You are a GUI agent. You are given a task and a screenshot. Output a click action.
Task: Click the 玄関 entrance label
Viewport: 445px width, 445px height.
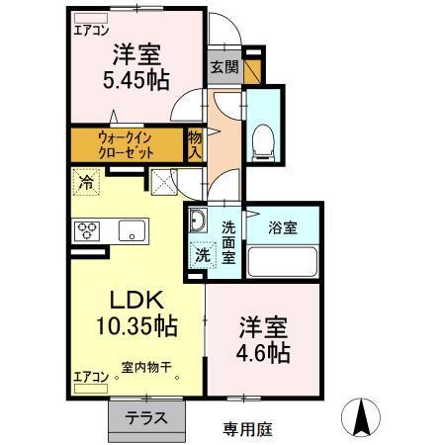click(x=222, y=67)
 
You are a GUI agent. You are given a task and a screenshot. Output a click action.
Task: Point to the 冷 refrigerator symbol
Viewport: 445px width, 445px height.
click(x=85, y=182)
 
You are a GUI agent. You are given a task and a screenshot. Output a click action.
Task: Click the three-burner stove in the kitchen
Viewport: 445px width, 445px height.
click(x=86, y=231)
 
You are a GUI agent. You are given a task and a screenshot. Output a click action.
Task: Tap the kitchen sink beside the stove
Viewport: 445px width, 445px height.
click(x=128, y=231)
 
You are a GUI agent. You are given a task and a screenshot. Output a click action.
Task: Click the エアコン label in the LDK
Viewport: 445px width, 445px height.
click(x=89, y=377)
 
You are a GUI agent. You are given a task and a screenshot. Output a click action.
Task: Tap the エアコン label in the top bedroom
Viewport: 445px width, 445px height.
click(x=91, y=30)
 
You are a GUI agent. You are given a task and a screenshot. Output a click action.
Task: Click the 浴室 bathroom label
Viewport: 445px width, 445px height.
click(x=284, y=226)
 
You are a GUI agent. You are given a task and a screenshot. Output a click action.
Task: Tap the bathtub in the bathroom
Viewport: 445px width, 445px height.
click(x=282, y=262)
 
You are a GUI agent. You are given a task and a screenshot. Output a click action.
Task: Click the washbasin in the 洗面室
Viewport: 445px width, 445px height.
click(x=197, y=221)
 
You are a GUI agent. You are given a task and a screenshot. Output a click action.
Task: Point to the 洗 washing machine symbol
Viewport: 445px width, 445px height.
click(x=201, y=254)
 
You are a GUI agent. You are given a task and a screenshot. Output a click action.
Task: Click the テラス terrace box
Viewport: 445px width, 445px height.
click(x=145, y=417)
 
